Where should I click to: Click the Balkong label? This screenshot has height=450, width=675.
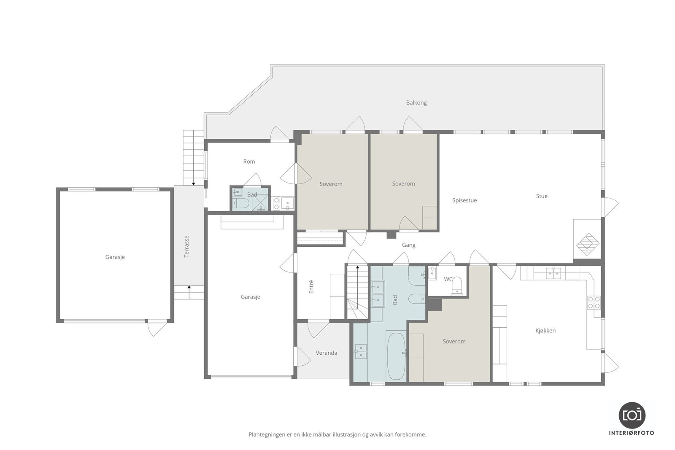(416, 102)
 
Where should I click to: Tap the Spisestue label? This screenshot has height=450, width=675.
(464, 200)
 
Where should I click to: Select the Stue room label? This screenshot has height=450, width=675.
(542, 196)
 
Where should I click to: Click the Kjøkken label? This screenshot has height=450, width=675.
(545, 331)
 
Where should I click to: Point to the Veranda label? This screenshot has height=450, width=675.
(327, 353)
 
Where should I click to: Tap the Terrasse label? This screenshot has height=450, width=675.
(187, 246)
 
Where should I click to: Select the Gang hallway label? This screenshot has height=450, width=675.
(408, 245)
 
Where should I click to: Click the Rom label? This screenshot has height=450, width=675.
(249, 162)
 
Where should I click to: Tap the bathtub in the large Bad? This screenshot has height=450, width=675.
(396, 356)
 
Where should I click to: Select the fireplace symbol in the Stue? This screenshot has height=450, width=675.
(588, 244)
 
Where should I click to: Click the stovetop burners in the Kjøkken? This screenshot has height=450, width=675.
(594, 302)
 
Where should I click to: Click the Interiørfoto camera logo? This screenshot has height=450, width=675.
(632, 415)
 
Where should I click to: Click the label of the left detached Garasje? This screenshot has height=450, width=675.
(115, 257)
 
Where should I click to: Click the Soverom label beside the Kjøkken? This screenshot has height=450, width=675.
(454, 342)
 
